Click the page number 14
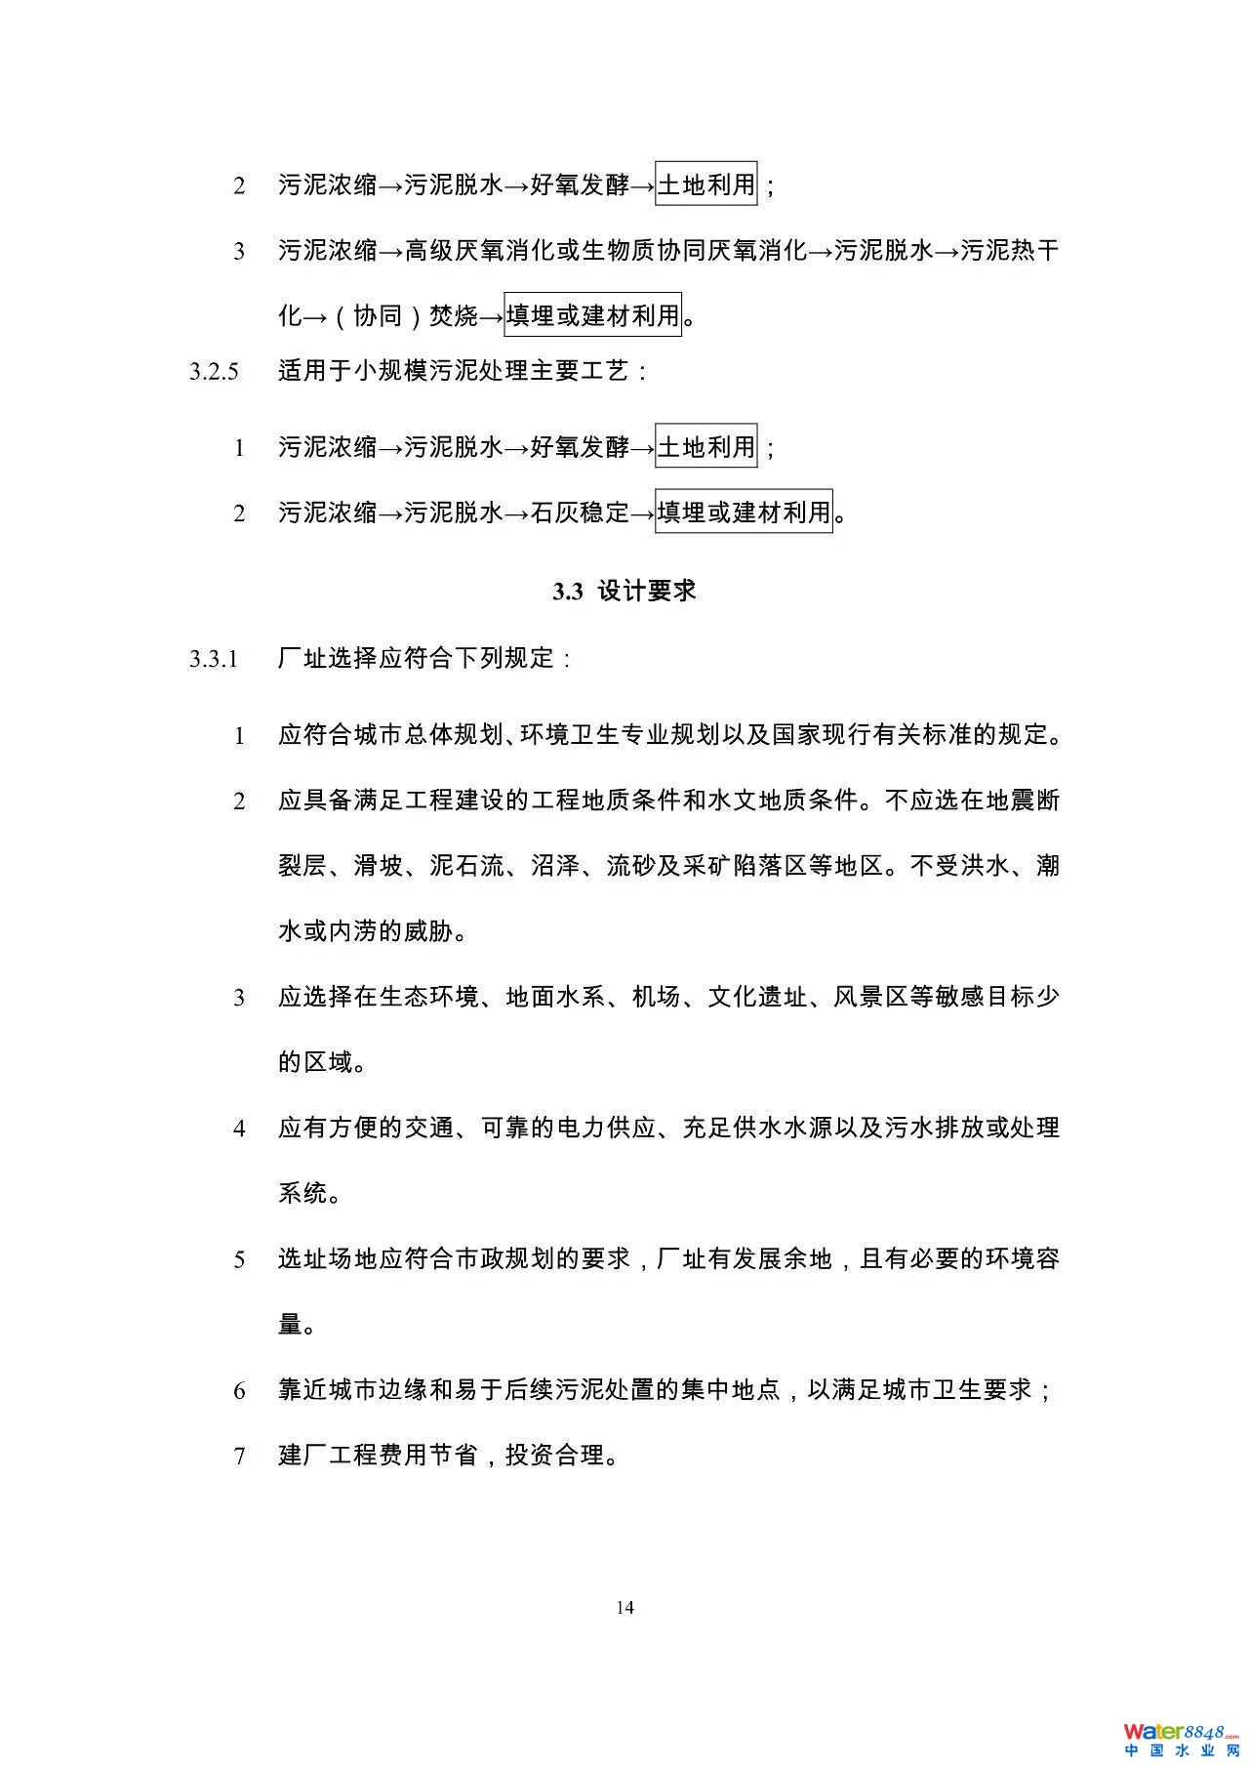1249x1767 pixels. pos(625,1607)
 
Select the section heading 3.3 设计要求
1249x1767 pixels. pos(624,591)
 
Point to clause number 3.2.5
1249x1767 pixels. pos(214,372)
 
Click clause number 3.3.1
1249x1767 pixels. pos(214,659)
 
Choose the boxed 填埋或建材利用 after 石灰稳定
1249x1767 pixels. pos(744,512)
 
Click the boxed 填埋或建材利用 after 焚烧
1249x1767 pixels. pos(592,315)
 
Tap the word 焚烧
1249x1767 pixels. pos(454,315)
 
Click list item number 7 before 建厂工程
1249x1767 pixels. pos(239,1456)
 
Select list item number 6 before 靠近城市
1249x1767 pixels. pos(239,1390)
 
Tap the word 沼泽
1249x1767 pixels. pos(554,866)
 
